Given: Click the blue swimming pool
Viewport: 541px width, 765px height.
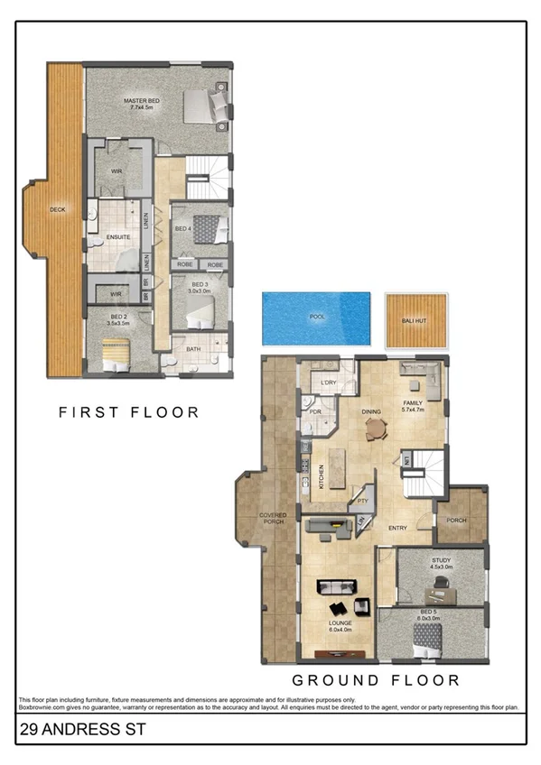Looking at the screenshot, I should coord(316,318).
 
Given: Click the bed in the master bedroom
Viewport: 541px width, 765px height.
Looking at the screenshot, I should coord(206,106).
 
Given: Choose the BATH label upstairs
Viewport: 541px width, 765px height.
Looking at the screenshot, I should coord(193,348).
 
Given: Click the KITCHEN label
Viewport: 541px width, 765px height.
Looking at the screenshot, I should coord(322,476).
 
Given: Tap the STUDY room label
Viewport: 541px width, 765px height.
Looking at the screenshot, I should coord(441,560).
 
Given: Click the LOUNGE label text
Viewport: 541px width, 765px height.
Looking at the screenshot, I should coord(340,622).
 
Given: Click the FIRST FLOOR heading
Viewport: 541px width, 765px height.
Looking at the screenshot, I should coord(128,412).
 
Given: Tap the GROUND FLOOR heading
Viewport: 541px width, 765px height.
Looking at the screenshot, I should coord(375,680).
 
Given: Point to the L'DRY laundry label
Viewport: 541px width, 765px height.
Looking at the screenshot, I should coord(329,383).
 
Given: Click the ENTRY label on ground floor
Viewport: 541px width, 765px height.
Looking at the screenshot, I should coord(397,528).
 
